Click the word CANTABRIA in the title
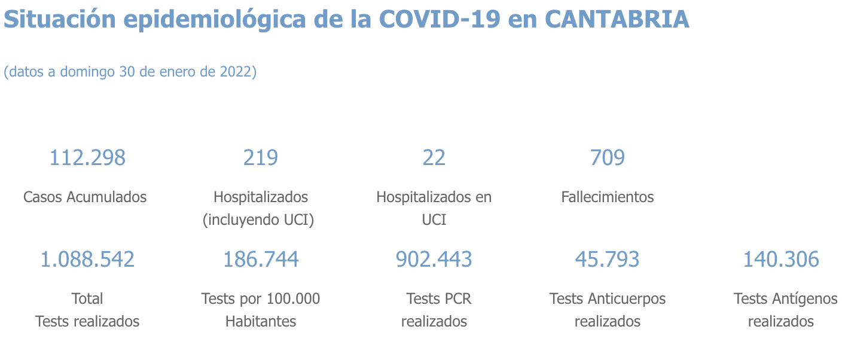pos(617,20)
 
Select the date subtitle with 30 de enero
pos(130,72)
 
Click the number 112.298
pos(87,158)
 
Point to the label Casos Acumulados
pos(85,197)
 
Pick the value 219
pos(260,158)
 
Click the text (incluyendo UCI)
pos(258,220)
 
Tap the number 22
pos(434,158)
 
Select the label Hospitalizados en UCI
pos(434,208)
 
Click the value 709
pos(607,158)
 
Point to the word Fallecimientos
pos(607,197)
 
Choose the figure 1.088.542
pos(87,260)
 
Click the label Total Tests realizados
pos(87,310)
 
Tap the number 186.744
pos(260,260)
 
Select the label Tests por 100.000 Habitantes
pos(260,310)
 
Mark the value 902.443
pos(434,260)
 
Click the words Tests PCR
pos(434,298)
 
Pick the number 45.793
pos(607,260)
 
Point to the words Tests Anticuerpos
pos(607,298)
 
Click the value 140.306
pos(780,260)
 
